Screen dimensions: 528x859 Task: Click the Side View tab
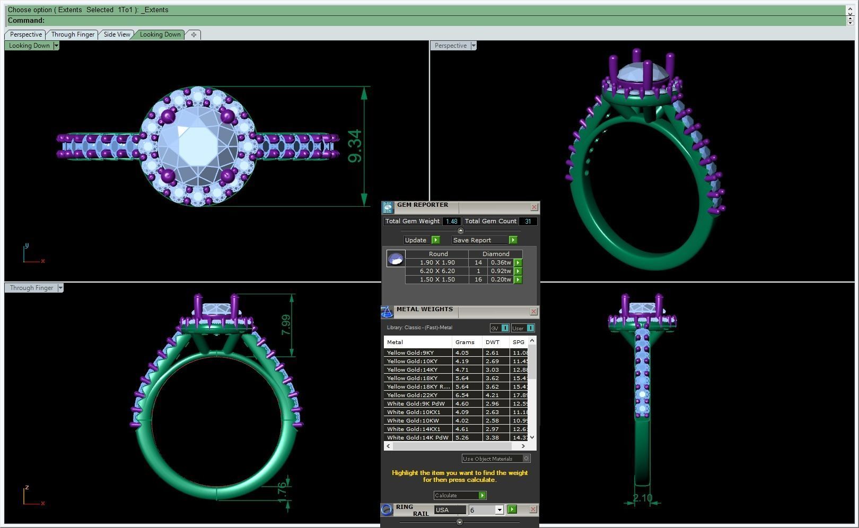click(x=117, y=34)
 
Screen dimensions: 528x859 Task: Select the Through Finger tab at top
click(x=73, y=34)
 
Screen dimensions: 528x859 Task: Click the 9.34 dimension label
click(x=355, y=146)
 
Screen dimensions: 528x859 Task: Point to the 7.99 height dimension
click(x=286, y=324)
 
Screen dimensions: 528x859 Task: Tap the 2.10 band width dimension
click(x=642, y=498)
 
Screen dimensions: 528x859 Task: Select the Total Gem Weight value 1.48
click(x=451, y=222)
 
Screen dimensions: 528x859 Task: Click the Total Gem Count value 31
click(x=528, y=222)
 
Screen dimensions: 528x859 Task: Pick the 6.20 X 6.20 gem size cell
click(x=437, y=271)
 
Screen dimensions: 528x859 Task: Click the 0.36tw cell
click(x=501, y=262)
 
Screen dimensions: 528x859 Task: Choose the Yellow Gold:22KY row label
click(x=413, y=395)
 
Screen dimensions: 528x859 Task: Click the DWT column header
click(x=492, y=342)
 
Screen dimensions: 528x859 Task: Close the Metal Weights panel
click(x=533, y=312)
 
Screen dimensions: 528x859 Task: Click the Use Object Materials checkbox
click(x=526, y=459)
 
